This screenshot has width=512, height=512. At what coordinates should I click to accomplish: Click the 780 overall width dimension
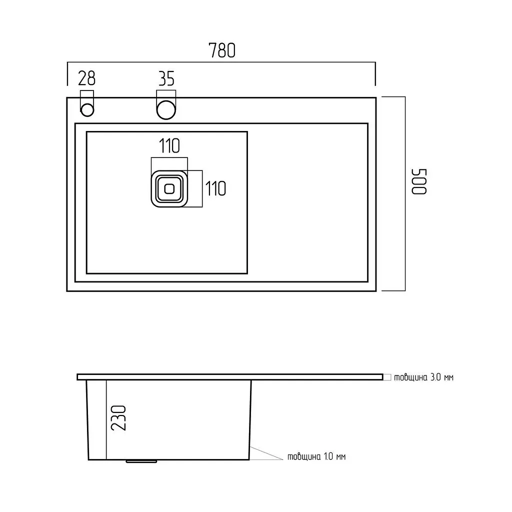pyautogui.click(x=221, y=50)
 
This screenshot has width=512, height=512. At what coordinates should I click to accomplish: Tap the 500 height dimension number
pyautogui.click(x=419, y=181)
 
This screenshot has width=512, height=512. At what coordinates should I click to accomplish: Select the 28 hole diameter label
pyautogui.click(x=86, y=78)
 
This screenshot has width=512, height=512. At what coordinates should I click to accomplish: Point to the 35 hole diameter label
pyautogui.click(x=166, y=78)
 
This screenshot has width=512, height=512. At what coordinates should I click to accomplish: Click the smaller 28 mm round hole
pyautogui.click(x=87, y=110)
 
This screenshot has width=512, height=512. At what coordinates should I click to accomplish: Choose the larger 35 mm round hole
pyautogui.click(x=166, y=110)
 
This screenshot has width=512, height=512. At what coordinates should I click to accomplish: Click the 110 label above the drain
pyautogui.click(x=169, y=146)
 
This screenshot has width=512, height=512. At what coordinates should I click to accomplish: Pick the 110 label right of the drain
pyautogui.click(x=215, y=188)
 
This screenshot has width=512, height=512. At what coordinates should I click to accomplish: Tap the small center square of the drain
pyautogui.click(x=169, y=188)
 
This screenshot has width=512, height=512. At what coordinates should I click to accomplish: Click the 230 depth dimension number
pyautogui.click(x=118, y=418)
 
